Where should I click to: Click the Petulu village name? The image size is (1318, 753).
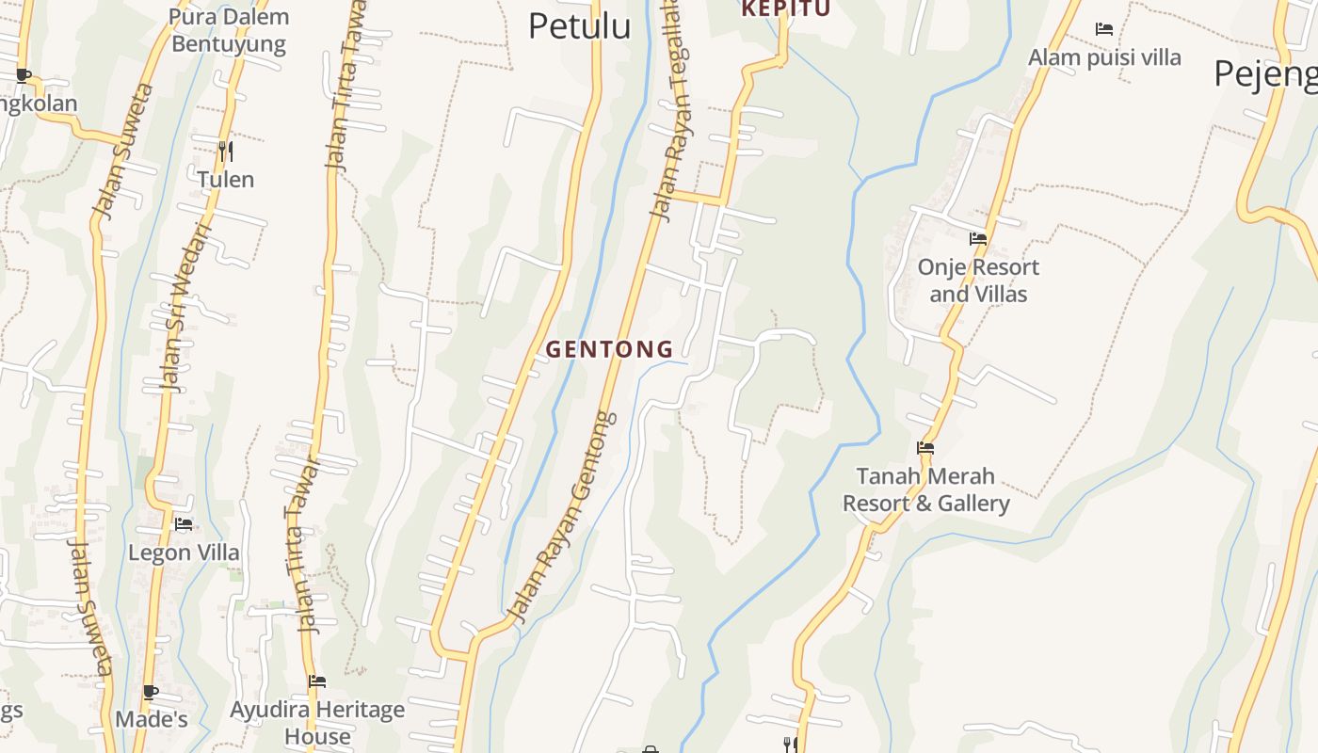579,26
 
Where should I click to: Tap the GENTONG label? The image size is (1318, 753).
610,349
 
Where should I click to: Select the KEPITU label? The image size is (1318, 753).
786,9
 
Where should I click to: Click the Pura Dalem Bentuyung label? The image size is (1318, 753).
229,30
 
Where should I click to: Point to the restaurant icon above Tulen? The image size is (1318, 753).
225,151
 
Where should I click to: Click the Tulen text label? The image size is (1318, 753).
225,179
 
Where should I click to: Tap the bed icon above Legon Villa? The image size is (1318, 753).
184,524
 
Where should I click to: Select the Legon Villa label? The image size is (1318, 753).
184,553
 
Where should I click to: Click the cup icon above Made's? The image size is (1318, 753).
151,692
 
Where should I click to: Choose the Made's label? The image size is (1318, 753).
152,720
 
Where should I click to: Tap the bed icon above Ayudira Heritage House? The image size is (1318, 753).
317,681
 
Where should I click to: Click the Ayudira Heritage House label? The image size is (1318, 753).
317,722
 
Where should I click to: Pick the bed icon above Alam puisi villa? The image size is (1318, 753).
1104,29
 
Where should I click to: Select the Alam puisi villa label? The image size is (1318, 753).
1104,57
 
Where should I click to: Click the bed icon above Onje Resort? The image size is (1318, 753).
978,239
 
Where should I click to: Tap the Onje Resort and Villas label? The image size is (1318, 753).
978,280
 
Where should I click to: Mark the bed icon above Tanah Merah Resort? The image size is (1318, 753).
925,448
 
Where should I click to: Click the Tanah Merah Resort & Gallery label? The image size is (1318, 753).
925,489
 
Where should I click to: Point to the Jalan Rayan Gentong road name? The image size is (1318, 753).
562,517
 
